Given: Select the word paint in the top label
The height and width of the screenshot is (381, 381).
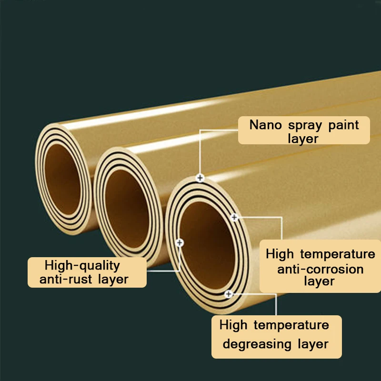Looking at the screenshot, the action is (x=343, y=126).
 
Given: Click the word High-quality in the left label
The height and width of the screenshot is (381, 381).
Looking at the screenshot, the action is (x=82, y=266).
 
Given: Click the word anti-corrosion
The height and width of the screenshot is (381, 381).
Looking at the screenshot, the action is (x=320, y=269).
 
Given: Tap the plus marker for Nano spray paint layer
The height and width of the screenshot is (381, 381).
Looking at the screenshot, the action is (x=200, y=178).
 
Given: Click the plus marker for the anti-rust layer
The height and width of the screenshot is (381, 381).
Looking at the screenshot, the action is (x=180, y=243).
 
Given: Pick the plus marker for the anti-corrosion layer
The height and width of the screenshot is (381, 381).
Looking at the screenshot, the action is (x=234, y=218).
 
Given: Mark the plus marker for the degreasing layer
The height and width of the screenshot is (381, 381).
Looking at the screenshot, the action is (x=229, y=294).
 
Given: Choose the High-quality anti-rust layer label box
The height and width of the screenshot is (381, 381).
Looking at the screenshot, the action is (x=87, y=272).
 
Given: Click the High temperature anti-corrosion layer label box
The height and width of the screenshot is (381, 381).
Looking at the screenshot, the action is (x=320, y=267).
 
